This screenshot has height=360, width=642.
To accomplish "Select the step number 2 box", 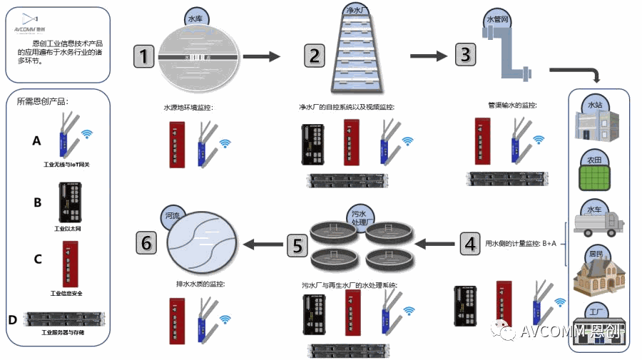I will click(315, 55).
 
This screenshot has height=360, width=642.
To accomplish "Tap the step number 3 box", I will click(464, 54).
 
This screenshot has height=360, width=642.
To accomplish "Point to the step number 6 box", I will click(147, 243).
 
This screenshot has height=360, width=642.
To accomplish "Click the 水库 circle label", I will click(194, 19).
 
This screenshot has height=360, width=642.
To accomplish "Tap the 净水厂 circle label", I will click(356, 11).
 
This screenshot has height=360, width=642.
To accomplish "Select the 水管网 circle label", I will click(497, 19).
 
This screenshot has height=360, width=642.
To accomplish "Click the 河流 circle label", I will click(172, 215).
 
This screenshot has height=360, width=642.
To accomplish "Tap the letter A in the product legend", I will click(37, 141).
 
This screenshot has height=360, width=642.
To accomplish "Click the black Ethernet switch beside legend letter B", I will click(71, 203).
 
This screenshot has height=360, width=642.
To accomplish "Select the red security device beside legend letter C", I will click(71, 263).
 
